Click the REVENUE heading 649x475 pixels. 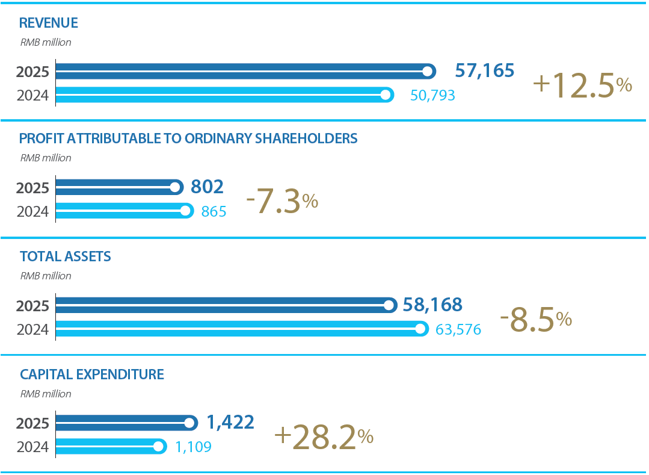49,23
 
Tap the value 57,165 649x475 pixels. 484,70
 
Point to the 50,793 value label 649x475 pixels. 432,95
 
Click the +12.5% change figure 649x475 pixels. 582,85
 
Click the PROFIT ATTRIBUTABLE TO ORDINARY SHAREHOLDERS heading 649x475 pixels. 188,138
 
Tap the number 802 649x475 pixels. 207,187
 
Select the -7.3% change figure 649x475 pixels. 281,202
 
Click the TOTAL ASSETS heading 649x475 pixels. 66,256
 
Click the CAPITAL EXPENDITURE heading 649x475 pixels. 92,374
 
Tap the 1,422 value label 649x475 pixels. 230,422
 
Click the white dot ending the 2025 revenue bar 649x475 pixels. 428,72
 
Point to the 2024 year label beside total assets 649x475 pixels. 32,329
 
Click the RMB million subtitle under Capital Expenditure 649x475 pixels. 46,394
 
